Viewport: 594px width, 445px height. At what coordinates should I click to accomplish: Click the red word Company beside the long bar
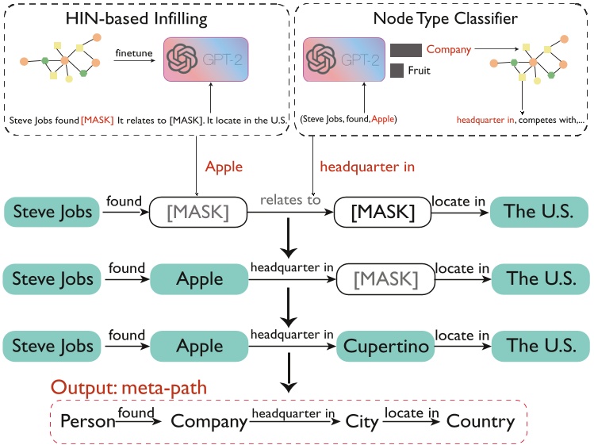[x=449, y=49]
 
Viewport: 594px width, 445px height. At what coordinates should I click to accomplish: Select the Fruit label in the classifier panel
[x=420, y=71]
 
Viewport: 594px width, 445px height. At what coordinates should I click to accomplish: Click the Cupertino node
[x=385, y=346]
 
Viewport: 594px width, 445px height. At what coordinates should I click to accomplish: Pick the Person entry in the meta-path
[x=88, y=421]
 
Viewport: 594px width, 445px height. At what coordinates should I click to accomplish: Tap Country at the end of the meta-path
[x=481, y=421]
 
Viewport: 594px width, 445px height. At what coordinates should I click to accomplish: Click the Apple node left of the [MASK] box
[x=200, y=278]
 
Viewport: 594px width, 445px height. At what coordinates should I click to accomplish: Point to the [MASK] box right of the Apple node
[x=385, y=278]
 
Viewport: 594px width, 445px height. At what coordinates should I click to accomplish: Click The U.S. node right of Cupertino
[x=539, y=346]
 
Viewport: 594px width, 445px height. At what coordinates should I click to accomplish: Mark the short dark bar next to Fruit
[x=397, y=71]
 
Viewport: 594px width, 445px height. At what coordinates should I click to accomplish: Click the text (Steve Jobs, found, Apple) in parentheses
[x=348, y=119]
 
